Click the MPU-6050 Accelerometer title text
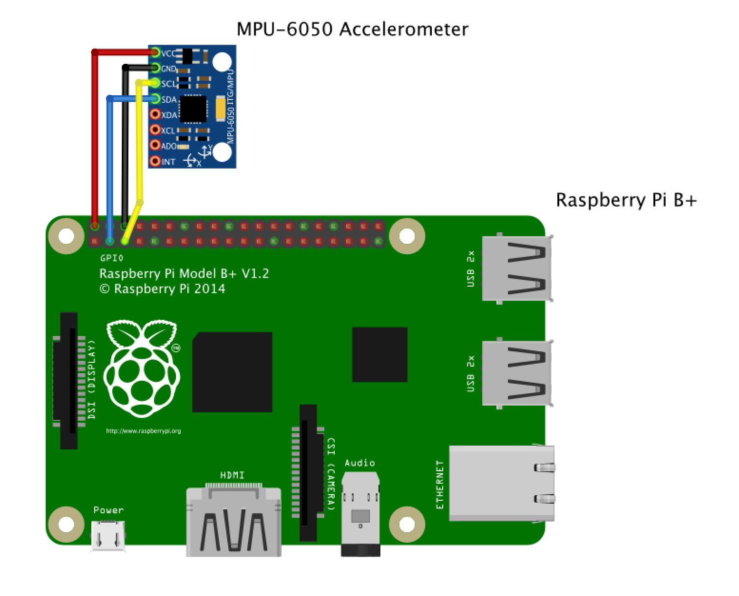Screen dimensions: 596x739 352,30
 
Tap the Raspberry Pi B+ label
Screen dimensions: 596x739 626,200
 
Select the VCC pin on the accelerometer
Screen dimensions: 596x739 155,53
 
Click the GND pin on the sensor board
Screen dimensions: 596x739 155,69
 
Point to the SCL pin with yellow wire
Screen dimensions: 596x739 155,84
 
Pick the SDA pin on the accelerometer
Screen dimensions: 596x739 155,99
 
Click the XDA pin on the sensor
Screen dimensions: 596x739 155,115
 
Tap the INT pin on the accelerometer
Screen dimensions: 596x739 155,161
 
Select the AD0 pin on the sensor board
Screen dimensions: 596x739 155,146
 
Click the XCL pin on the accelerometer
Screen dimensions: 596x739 155,130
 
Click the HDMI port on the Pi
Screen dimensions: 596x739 233,521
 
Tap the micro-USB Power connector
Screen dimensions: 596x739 108,536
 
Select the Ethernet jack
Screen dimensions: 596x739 501,483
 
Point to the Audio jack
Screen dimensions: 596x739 360,514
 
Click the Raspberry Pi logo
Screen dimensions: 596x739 142,369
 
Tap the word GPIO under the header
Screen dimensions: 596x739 111,258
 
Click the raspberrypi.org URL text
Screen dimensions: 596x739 143,431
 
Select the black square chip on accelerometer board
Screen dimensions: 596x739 194,107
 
